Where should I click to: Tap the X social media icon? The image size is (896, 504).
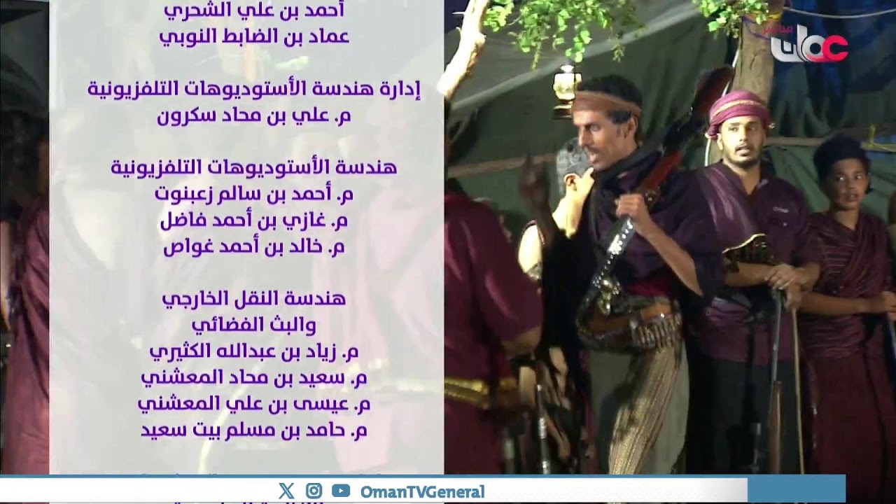(x=286, y=491)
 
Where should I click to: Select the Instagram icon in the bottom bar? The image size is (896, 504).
(x=314, y=491)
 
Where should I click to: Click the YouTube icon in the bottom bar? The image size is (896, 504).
(x=341, y=491)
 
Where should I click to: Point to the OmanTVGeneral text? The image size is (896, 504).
(x=422, y=491)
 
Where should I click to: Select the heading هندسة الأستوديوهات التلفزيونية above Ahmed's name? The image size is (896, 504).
(x=254, y=168)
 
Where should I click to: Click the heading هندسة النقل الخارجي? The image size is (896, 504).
(x=254, y=299)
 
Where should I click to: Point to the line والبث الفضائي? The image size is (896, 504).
(x=254, y=325)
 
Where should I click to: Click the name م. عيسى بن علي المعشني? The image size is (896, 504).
(x=254, y=404)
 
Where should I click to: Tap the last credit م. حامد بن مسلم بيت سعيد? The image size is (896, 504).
(x=254, y=430)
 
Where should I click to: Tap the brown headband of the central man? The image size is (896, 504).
(x=605, y=103)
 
